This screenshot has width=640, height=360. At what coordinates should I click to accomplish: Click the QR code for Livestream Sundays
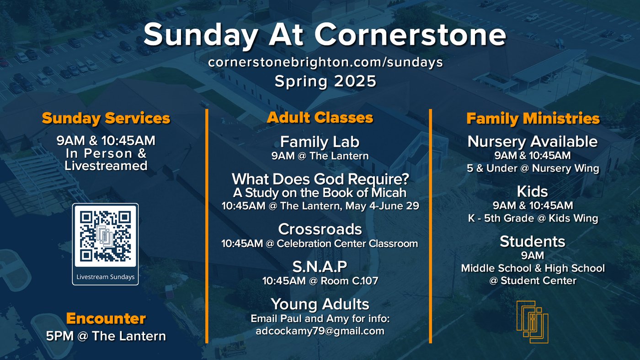point(106,236)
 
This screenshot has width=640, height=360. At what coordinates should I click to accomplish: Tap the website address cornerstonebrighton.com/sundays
point(325,62)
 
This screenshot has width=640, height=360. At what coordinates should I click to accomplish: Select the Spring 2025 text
point(325,81)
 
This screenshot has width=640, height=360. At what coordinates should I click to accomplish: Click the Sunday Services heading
point(106,118)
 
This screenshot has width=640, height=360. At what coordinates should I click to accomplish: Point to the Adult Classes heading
point(320,117)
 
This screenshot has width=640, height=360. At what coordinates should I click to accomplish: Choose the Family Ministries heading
point(533,118)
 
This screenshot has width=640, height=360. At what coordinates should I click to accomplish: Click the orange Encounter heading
point(106,318)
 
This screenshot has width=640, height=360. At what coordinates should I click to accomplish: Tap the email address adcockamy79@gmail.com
point(320,331)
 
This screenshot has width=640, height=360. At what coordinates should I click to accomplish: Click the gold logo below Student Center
point(533,322)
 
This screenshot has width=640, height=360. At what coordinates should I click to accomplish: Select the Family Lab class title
point(320,142)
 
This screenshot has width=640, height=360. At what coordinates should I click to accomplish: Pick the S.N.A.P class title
point(320,266)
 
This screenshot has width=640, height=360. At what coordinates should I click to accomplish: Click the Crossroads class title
point(320,229)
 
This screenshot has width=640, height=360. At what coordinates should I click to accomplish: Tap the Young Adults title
point(320,304)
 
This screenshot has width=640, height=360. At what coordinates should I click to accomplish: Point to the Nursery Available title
point(533,141)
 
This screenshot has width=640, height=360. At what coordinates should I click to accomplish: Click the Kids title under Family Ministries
point(532,191)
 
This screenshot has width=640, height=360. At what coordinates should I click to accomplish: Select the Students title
point(533,242)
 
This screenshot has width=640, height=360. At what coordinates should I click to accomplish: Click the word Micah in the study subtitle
point(389,193)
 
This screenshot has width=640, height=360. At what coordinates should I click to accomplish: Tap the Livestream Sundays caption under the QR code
point(106,277)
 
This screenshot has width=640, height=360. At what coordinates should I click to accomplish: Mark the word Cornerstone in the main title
point(411,35)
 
